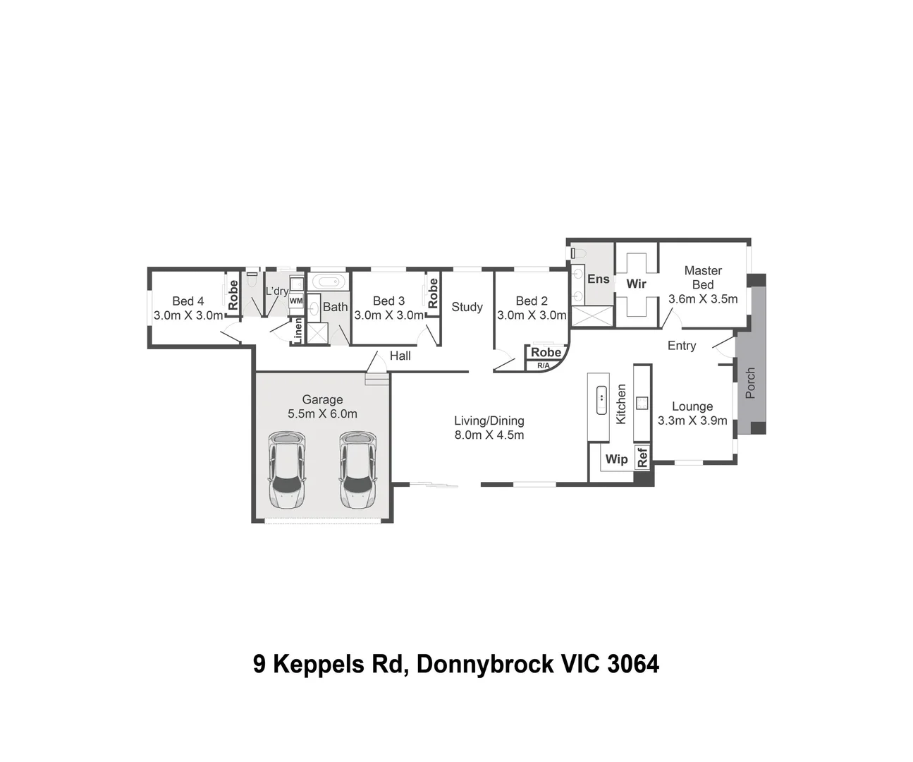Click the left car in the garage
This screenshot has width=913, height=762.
(287, 471)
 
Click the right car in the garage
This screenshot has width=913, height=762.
(357, 471)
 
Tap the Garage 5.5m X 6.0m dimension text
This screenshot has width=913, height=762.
(322, 413)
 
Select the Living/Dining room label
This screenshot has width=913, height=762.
(489, 421)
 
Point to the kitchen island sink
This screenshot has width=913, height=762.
(601, 399)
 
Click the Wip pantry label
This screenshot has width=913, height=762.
(616, 459)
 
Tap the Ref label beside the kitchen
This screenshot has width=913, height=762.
(642, 457)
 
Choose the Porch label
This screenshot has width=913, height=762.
(750, 382)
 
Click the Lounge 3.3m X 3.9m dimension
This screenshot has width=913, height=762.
(692, 421)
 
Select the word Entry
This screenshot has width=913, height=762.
(681, 346)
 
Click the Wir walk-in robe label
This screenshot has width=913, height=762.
(636, 284)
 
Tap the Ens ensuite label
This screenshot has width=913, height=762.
(598, 279)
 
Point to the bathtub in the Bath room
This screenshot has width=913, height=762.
(329, 282)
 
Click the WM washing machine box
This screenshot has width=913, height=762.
(296, 301)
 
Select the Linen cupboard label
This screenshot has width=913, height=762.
(298, 332)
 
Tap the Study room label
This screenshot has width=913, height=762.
(467, 307)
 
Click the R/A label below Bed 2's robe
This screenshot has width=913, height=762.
(543, 365)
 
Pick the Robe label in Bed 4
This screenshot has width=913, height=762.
(233, 294)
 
